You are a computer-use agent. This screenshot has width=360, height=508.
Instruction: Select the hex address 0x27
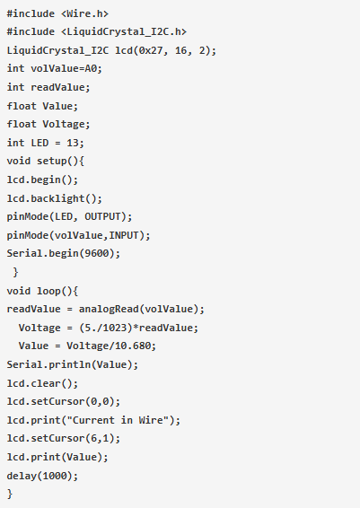coord(151,50)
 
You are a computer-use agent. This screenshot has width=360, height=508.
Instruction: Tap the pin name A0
coord(91,68)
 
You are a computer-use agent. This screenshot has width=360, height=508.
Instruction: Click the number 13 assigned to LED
coord(73,143)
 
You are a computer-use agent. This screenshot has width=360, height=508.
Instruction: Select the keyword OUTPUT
coord(102,216)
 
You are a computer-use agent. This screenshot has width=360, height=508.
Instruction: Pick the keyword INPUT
coord(124,235)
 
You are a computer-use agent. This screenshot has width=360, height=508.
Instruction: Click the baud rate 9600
coord(97,253)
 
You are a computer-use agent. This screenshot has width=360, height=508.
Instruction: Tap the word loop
coord(49,291)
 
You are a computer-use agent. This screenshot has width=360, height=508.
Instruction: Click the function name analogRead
coord(109,309)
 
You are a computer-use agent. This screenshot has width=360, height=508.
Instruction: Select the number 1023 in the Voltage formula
coord(115,328)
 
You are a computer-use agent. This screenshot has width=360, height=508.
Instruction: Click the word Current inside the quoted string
coord(93,420)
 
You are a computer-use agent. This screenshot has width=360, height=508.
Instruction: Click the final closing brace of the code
coord(10,494)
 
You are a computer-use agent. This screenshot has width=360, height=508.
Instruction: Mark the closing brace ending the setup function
coord(15,272)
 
